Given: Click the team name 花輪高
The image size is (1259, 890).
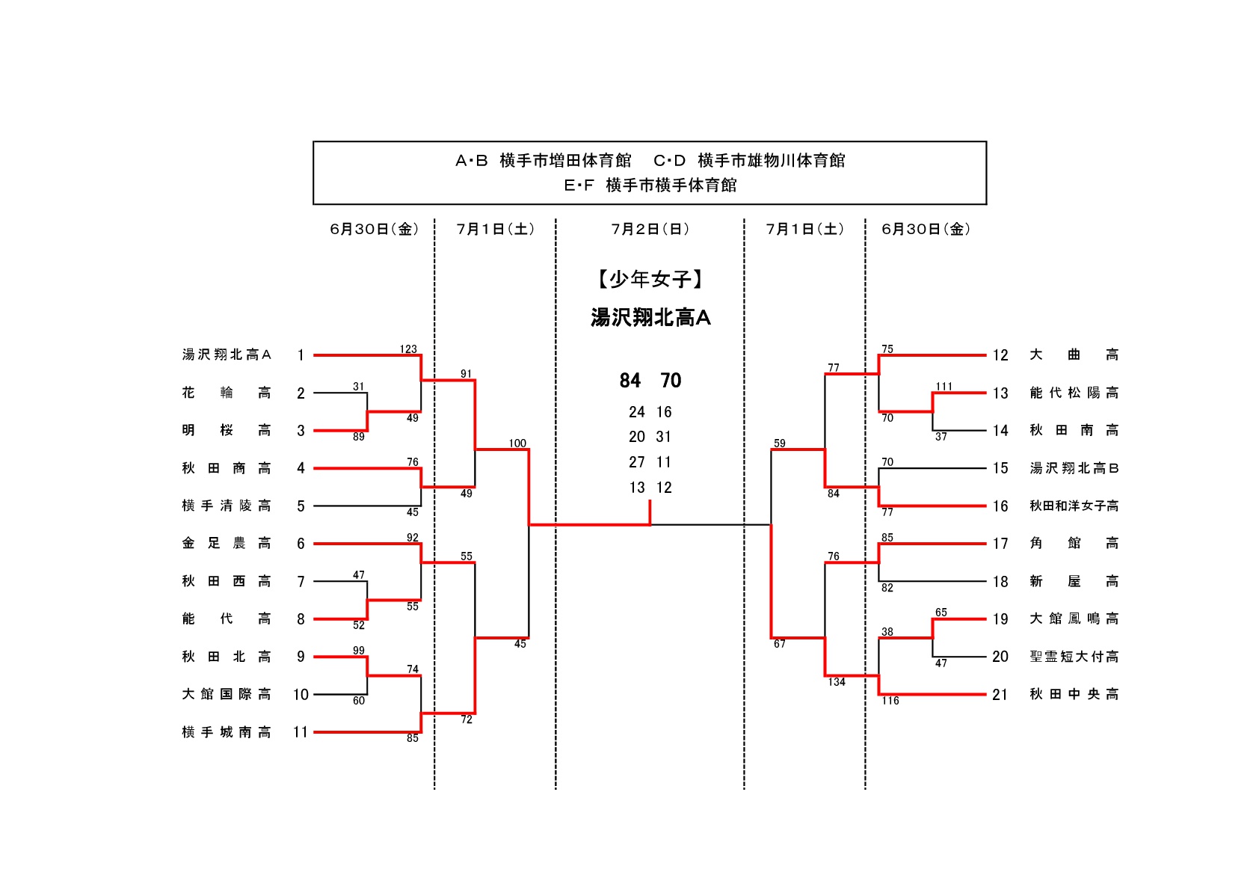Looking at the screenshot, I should pos(226,393).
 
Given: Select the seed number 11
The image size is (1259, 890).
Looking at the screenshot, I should pos(301,732).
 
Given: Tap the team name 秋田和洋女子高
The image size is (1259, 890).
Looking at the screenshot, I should pos(1074,506).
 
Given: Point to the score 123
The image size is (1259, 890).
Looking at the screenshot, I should pos(408,349).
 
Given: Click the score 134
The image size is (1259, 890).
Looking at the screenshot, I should pos(837,682).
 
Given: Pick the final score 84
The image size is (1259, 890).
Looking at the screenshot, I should pos(630,381).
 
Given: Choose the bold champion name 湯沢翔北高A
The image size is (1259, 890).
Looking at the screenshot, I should pos(650,318).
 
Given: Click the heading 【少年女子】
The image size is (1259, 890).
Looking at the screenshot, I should pos(650,280).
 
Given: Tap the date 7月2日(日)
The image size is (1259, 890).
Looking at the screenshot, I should pos(650,230).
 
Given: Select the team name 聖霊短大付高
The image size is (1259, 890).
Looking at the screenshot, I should pos(1074,657).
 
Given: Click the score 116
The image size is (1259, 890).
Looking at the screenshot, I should pos(890,701).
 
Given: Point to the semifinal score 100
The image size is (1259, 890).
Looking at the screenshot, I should pos(517,444).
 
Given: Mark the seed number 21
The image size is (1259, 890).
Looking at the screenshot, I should pos(1000,695).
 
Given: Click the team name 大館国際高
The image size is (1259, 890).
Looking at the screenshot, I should pos(226,694).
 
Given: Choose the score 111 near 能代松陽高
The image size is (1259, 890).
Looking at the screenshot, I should pos(944,387).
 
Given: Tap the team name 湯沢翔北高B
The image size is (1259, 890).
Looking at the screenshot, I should pos(1074,468).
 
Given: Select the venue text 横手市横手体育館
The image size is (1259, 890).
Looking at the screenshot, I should pos(671,185).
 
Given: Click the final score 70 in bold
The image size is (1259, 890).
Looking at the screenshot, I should pos(671,381).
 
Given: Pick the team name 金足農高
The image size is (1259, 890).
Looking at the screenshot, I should pos(226,544).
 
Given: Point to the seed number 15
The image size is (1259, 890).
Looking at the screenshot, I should pos(1000,468).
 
